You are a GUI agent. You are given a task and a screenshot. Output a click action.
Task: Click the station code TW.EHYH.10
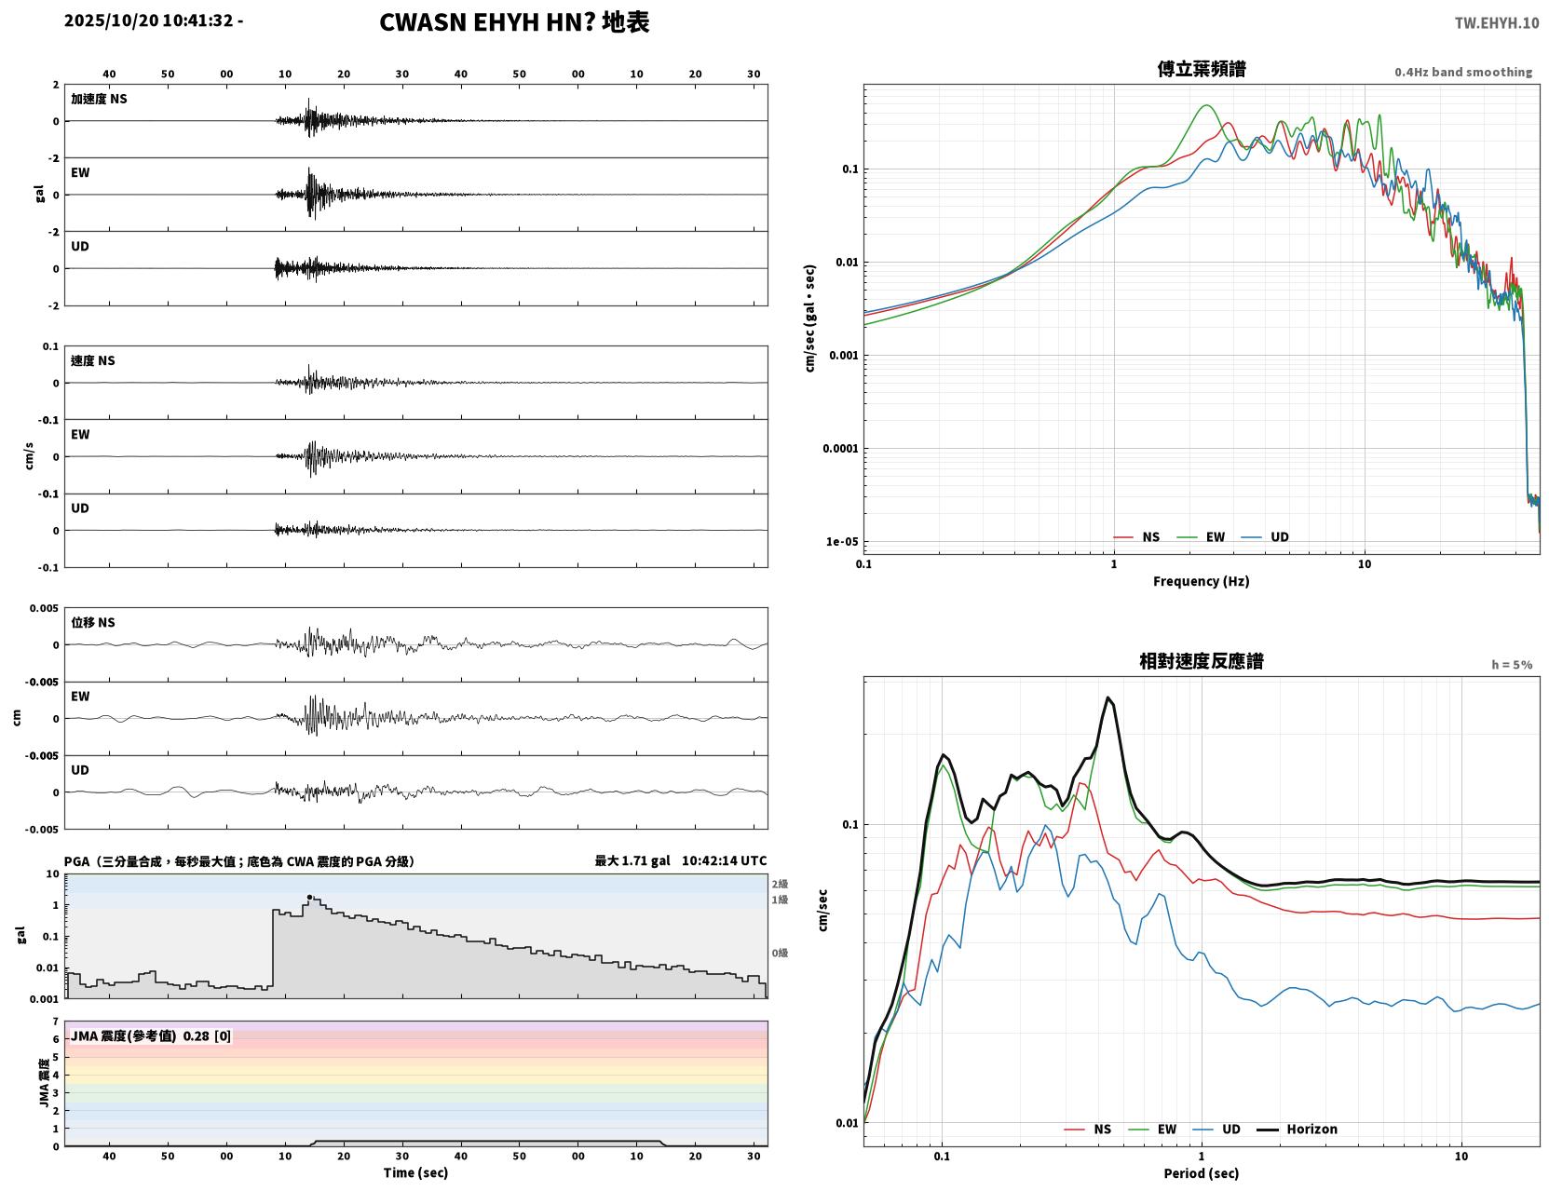pyautogui.click(x=1496, y=22)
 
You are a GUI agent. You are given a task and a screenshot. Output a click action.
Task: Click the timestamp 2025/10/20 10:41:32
pyautogui.click(x=148, y=20)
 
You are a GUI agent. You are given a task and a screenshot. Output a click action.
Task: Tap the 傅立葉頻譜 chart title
pyautogui.click(x=1202, y=69)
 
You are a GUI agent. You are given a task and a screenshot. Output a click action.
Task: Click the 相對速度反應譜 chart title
pyautogui.click(x=1202, y=661)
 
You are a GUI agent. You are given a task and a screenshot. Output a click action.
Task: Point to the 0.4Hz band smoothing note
pyautogui.click(x=1463, y=72)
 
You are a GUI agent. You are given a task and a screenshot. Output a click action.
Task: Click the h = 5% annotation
pyautogui.click(x=1512, y=665)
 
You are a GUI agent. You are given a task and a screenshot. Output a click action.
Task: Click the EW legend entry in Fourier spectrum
pyautogui.click(x=1202, y=537)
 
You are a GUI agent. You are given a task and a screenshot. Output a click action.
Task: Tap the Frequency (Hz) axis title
pyautogui.click(x=1202, y=581)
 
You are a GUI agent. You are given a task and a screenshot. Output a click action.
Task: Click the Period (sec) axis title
pyautogui.click(x=1202, y=1173)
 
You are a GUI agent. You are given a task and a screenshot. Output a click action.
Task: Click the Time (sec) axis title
pyautogui.click(x=415, y=1172)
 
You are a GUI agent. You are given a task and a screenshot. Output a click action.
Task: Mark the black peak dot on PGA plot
pyautogui.click(x=309, y=898)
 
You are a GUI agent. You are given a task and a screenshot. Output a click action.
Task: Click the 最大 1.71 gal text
pyautogui.click(x=632, y=860)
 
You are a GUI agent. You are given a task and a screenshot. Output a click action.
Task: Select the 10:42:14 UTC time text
pyautogui.click(x=725, y=860)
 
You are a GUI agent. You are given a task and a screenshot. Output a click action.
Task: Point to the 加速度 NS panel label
pyautogui.click(x=99, y=99)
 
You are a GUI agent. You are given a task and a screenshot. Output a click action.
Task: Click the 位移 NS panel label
pyautogui.click(x=92, y=623)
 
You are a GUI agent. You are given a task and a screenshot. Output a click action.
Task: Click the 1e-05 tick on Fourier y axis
pyautogui.click(x=842, y=542)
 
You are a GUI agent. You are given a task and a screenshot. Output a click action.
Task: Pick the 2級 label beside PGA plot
pyautogui.click(x=780, y=884)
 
